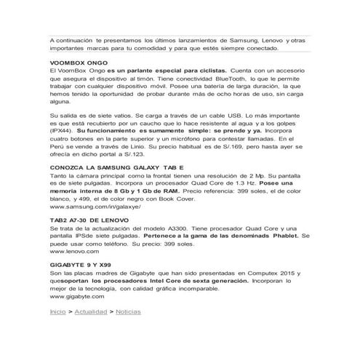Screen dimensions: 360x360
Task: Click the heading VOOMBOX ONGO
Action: click(x=76, y=64)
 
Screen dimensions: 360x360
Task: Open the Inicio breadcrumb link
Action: click(x=57, y=311)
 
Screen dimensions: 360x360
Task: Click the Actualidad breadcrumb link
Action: click(x=89, y=311)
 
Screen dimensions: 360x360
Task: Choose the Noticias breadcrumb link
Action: click(x=128, y=311)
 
